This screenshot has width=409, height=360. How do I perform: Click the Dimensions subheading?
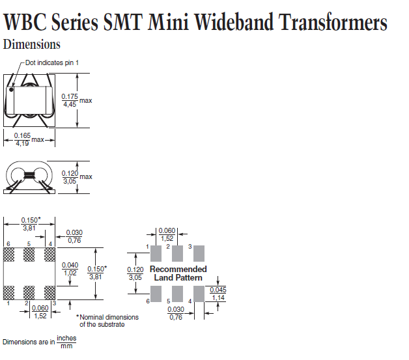32,45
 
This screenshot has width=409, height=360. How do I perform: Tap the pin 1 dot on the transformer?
11,89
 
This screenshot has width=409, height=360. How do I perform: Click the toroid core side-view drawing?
28,176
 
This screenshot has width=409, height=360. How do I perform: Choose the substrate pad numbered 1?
9,291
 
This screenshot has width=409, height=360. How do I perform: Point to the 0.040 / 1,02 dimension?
70,268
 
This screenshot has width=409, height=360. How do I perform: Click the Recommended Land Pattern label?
178,273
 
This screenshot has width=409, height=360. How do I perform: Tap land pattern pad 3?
199,253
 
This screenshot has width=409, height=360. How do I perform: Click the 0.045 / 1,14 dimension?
219,293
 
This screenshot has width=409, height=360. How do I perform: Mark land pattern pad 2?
178,253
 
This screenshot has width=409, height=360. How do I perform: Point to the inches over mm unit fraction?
66,342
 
